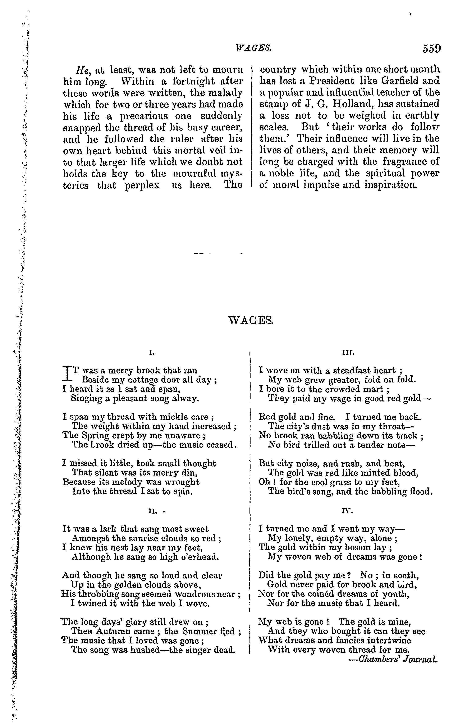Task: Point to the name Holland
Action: [x=351, y=104]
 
